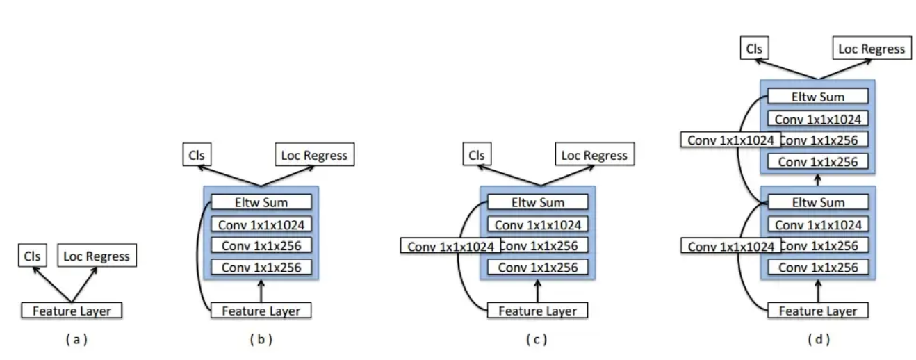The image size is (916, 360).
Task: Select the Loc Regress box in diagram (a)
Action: tap(97, 256)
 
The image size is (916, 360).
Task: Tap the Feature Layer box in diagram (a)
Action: tap(72, 311)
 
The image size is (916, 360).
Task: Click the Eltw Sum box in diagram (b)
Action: tap(261, 202)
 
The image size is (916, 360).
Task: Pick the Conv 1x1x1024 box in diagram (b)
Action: tap(261, 224)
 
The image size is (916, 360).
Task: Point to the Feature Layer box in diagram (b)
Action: tap(261, 311)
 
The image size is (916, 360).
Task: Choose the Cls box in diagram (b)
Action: tap(197, 155)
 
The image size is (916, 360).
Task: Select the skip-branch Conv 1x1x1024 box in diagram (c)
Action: tap(450, 246)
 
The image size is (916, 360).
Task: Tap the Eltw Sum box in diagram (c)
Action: tap(538, 202)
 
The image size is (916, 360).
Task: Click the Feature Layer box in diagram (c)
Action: tap(538, 311)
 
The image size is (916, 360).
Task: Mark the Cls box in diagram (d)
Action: tap(754, 49)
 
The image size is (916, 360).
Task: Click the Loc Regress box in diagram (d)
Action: tap(872, 49)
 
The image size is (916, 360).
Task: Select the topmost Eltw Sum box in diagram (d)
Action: tap(818, 97)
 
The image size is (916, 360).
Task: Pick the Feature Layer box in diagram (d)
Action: tap(818, 311)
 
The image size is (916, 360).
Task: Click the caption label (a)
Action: tap(76, 340)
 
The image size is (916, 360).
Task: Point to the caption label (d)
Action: tap(818, 340)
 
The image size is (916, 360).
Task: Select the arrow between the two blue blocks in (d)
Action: tap(818, 179)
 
